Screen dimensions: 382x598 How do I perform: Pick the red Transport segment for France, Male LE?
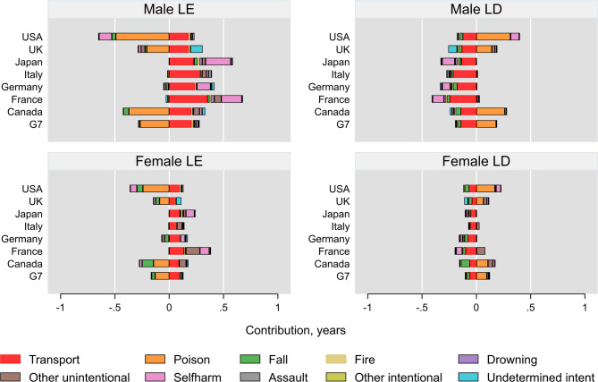tap(188, 98)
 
